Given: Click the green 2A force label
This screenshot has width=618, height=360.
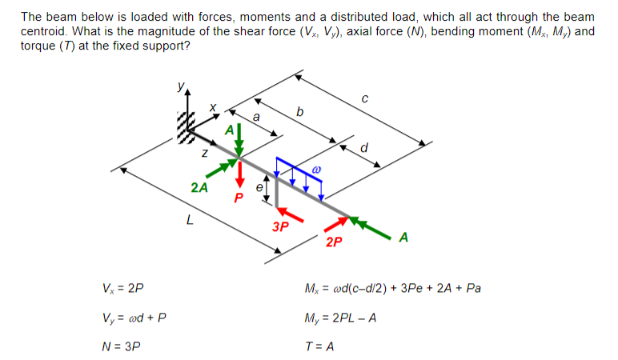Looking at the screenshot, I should pyautogui.click(x=199, y=188).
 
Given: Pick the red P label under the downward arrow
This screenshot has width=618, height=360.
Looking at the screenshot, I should pyautogui.click(x=238, y=198).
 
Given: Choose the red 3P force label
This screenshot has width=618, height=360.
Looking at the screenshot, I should pyautogui.click(x=280, y=226).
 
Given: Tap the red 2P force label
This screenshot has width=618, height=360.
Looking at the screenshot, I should pyautogui.click(x=335, y=241).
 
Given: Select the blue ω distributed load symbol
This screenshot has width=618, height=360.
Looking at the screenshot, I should pyautogui.click(x=316, y=170).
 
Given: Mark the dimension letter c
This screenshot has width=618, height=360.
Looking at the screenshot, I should pyautogui.click(x=364, y=98).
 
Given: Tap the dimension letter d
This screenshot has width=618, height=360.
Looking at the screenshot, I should pyautogui.click(x=365, y=146).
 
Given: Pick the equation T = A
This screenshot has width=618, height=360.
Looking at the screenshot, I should pyautogui.click(x=319, y=347).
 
